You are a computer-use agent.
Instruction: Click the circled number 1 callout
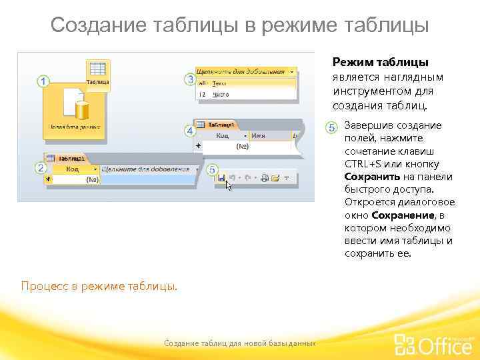[43, 81]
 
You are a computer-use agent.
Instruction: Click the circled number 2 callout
[41, 168]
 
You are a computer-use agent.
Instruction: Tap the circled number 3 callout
[190, 79]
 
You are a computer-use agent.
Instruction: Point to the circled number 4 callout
[189, 131]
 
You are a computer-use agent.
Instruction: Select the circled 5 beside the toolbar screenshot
[212, 171]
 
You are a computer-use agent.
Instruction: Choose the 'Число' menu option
[220, 95]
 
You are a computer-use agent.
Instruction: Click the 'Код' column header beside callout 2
[72, 169]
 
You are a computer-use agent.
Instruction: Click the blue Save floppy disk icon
[221, 178]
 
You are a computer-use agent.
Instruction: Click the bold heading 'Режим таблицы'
[380, 62]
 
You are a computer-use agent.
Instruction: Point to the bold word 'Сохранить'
[372, 177]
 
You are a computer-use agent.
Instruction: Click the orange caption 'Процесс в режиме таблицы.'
[99, 286]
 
